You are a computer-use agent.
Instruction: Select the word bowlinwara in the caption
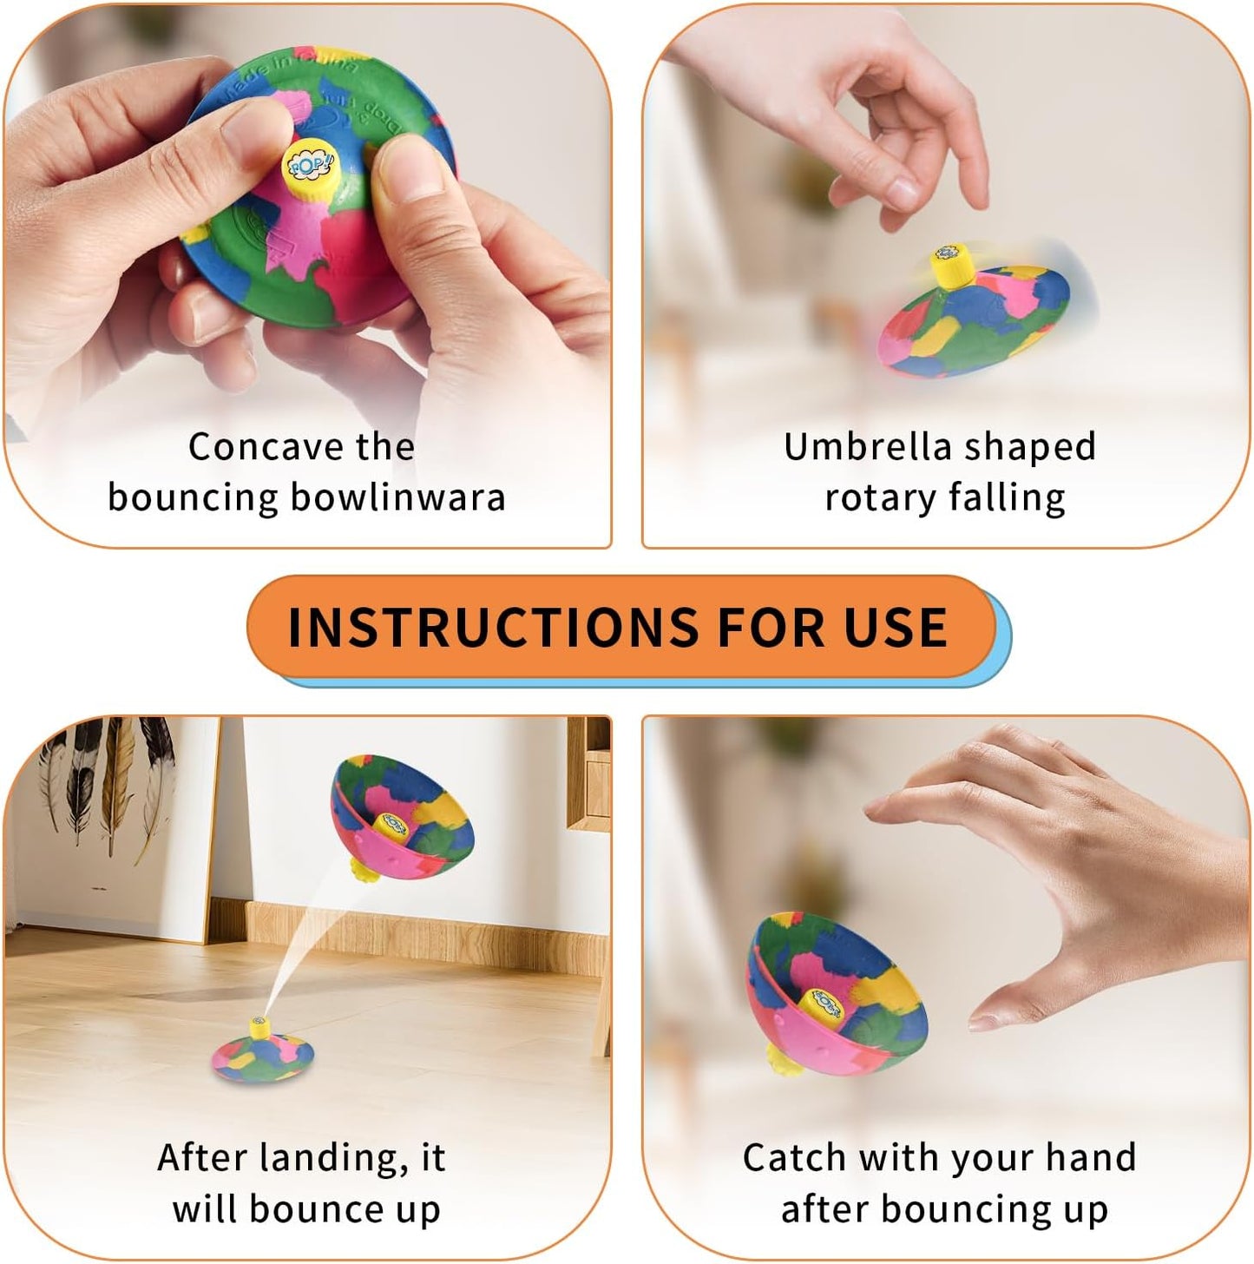point(397,497)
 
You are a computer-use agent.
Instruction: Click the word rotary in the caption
point(878,497)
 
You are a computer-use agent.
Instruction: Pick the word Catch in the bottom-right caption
point(794,1157)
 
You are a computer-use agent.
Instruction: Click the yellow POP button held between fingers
point(308,163)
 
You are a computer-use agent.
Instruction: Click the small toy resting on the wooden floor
point(263,1052)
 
